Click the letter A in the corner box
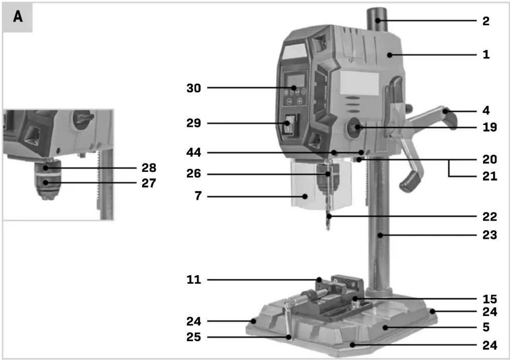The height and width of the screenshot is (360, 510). pos(18,17)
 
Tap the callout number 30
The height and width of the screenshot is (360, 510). pos(194,88)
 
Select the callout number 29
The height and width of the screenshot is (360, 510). pos(194,123)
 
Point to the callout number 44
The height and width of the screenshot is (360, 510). pos(194,152)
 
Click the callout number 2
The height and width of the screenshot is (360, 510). pos(486,21)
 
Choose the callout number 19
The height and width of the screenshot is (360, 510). pos(490,127)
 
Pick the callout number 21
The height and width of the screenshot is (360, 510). pos(490,176)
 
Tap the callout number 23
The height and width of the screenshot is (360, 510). pos(490,235)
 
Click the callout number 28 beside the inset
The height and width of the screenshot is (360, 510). pos(149,168)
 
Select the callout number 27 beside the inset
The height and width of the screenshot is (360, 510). pos(149,183)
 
